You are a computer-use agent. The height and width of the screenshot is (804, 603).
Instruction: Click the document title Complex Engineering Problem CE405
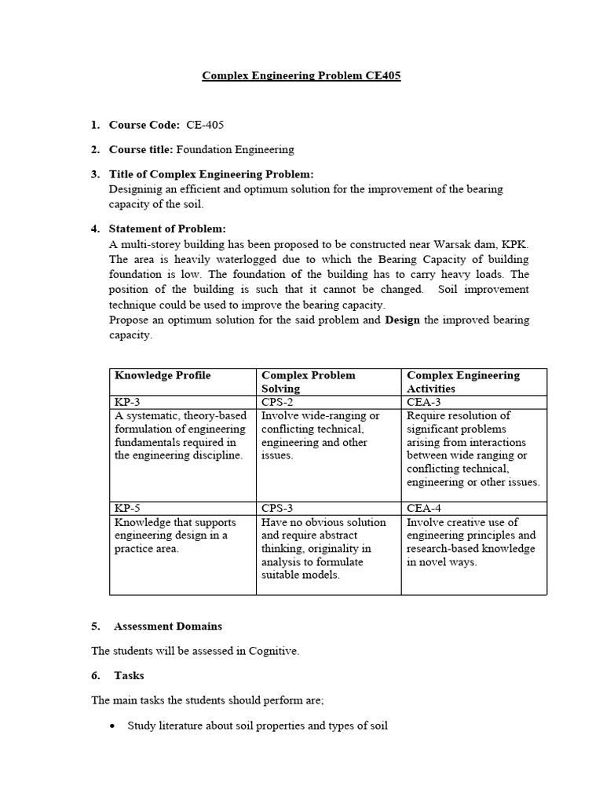pyautogui.click(x=301, y=76)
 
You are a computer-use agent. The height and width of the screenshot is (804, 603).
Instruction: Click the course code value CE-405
pyautogui.click(x=205, y=125)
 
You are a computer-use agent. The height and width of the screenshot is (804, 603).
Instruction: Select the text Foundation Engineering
pyautogui.click(x=235, y=149)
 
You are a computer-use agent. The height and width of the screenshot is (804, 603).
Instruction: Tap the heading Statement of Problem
pyautogui.click(x=167, y=228)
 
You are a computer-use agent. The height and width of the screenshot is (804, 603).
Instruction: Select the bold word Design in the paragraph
pyautogui.click(x=403, y=320)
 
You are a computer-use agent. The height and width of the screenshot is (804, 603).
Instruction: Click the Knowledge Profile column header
pyautogui.click(x=163, y=375)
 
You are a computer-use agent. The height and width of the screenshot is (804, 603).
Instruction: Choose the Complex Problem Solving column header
pyautogui.click(x=308, y=382)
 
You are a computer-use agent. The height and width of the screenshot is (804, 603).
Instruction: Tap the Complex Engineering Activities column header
pyautogui.click(x=463, y=382)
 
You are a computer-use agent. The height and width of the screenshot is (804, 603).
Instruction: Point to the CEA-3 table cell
pyautogui.click(x=424, y=402)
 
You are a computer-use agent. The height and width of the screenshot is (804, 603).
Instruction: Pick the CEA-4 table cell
pyautogui.click(x=424, y=508)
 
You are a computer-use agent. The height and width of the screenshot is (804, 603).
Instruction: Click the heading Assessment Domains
pyautogui.click(x=168, y=627)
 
